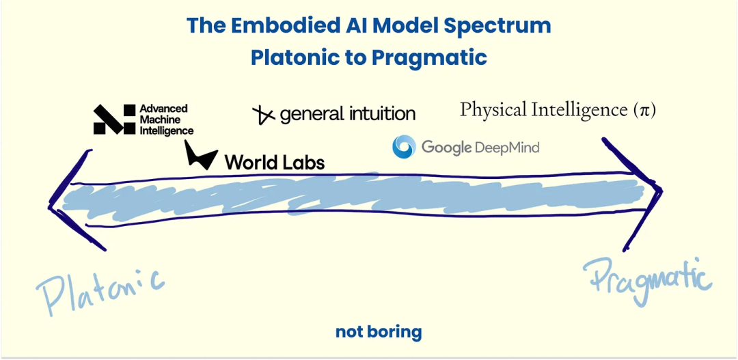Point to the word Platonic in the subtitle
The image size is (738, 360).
(294, 57)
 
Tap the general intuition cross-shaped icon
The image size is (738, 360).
(264, 115)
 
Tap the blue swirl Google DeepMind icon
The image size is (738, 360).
(404, 146)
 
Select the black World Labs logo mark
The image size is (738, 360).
(201, 154)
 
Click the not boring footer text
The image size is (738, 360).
(379, 332)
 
